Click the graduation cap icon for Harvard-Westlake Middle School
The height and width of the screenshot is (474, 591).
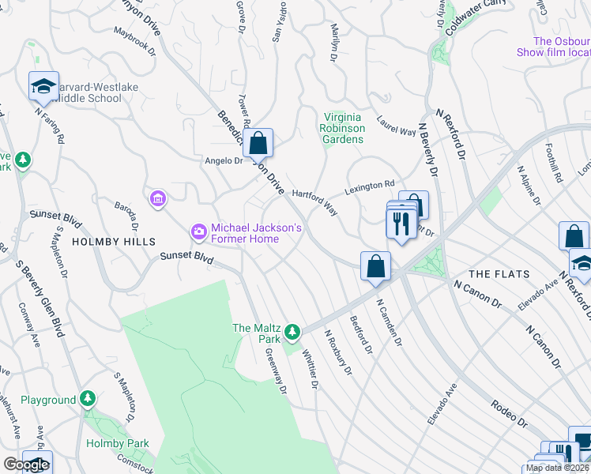[x=43, y=86]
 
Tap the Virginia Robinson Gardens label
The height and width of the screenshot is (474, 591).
[x=342, y=127]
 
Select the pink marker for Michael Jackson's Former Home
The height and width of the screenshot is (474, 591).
[x=198, y=231]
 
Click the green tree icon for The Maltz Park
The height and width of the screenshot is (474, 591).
[x=293, y=330]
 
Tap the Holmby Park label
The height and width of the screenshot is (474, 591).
[x=117, y=444]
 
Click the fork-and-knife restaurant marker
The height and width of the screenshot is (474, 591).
[x=401, y=223]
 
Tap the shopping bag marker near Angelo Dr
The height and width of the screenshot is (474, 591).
[x=258, y=144]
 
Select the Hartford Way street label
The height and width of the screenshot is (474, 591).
[x=314, y=201]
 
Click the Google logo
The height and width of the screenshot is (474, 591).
[x=25, y=465]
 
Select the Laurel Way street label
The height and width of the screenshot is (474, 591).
[x=396, y=127]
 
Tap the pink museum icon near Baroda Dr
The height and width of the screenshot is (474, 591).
[x=157, y=197]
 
